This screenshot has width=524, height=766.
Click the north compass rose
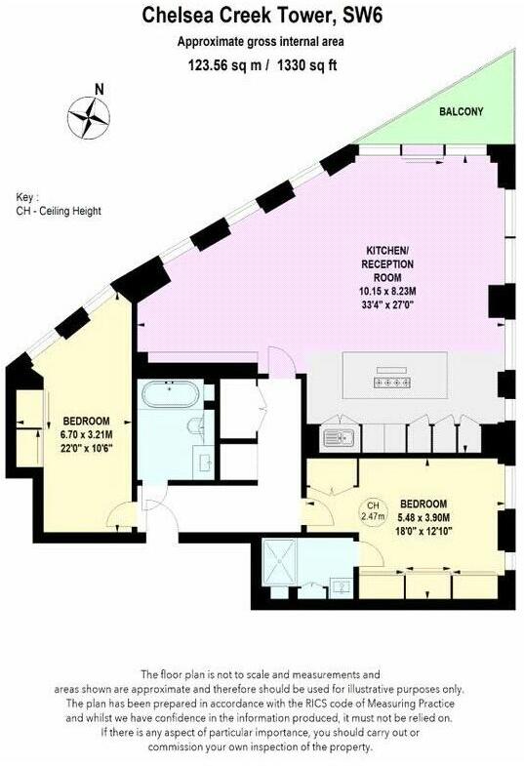[x=89, y=118]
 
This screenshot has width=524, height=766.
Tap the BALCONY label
[x=460, y=112]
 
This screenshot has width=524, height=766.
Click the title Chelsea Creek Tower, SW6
[x=261, y=15]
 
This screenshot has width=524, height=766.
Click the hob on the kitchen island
[x=388, y=383]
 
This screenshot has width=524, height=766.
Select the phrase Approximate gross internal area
[x=261, y=41]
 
